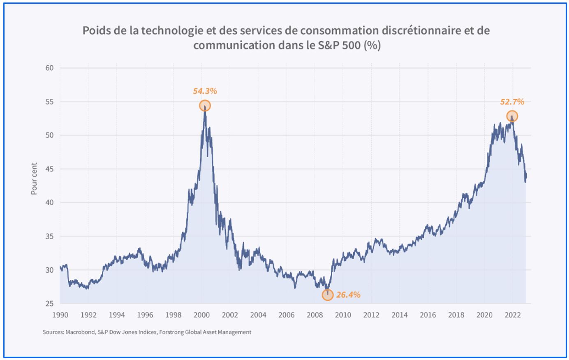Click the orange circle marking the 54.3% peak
(x=205, y=106)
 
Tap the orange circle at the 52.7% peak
(x=512, y=116)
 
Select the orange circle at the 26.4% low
(x=327, y=295)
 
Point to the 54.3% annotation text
(x=205, y=91)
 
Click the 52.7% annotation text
(x=512, y=102)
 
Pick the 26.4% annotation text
(x=348, y=295)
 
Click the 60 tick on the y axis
(x=49, y=68)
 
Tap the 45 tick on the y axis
(x=49, y=169)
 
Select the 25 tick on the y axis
(x=49, y=304)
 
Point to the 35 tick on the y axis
(x=49, y=237)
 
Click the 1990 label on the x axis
(x=60, y=315)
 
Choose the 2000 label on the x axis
(x=201, y=315)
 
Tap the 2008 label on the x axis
(x=315, y=315)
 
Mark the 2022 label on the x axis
(x=513, y=315)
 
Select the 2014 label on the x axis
(x=400, y=315)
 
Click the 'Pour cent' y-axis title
(x=35, y=179)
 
